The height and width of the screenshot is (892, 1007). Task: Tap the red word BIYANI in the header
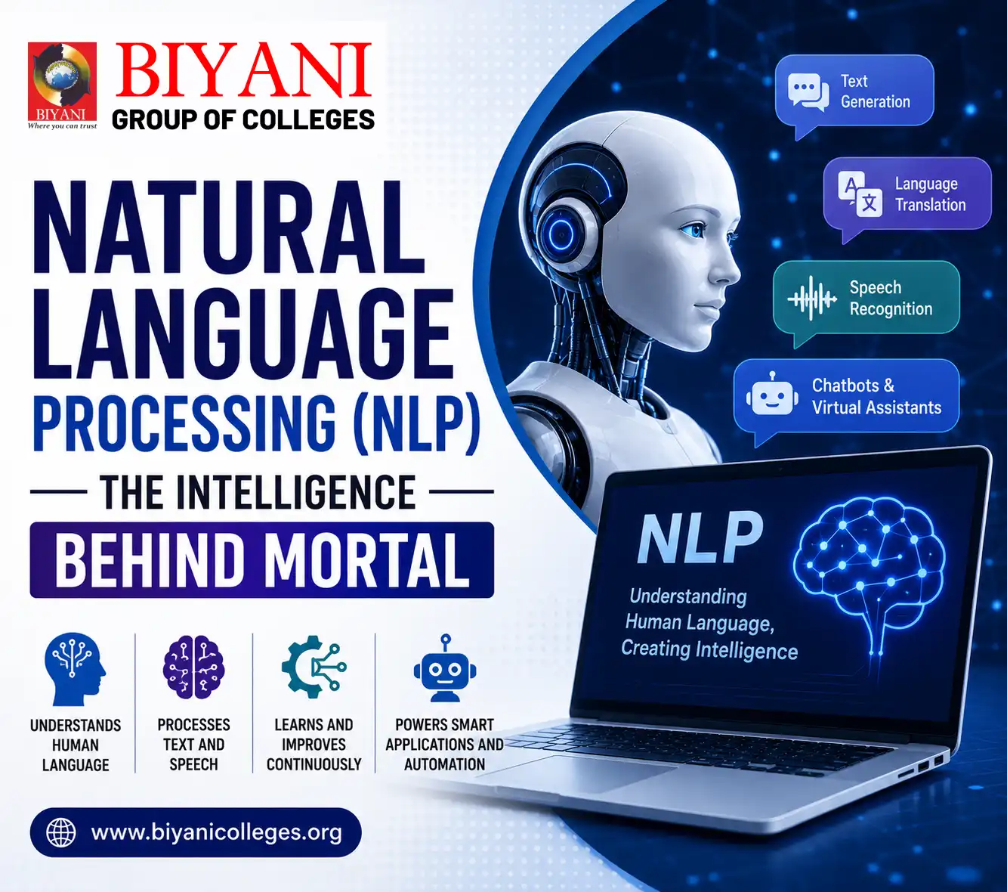(243, 70)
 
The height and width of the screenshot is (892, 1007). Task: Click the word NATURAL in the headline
(229, 227)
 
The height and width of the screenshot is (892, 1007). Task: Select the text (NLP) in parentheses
(416, 424)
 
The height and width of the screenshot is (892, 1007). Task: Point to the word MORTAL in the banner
(367, 560)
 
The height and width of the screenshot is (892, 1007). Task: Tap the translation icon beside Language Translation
(860, 194)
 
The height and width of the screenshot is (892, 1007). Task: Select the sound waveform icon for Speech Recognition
(812, 299)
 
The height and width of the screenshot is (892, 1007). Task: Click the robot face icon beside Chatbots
(772, 395)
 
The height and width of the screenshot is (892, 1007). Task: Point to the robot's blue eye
(693, 230)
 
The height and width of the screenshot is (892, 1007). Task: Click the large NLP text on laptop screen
(700, 537)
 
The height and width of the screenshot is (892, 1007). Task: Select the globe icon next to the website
(60, 832)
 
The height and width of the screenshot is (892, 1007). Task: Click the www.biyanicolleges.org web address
(217, 832)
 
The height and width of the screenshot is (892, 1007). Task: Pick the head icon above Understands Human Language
(75, 669)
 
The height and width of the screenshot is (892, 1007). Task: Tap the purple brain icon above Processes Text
(193, 667)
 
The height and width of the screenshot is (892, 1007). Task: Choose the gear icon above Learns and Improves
(314, 667)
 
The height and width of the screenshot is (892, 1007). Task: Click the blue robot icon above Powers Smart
(445, 668)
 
